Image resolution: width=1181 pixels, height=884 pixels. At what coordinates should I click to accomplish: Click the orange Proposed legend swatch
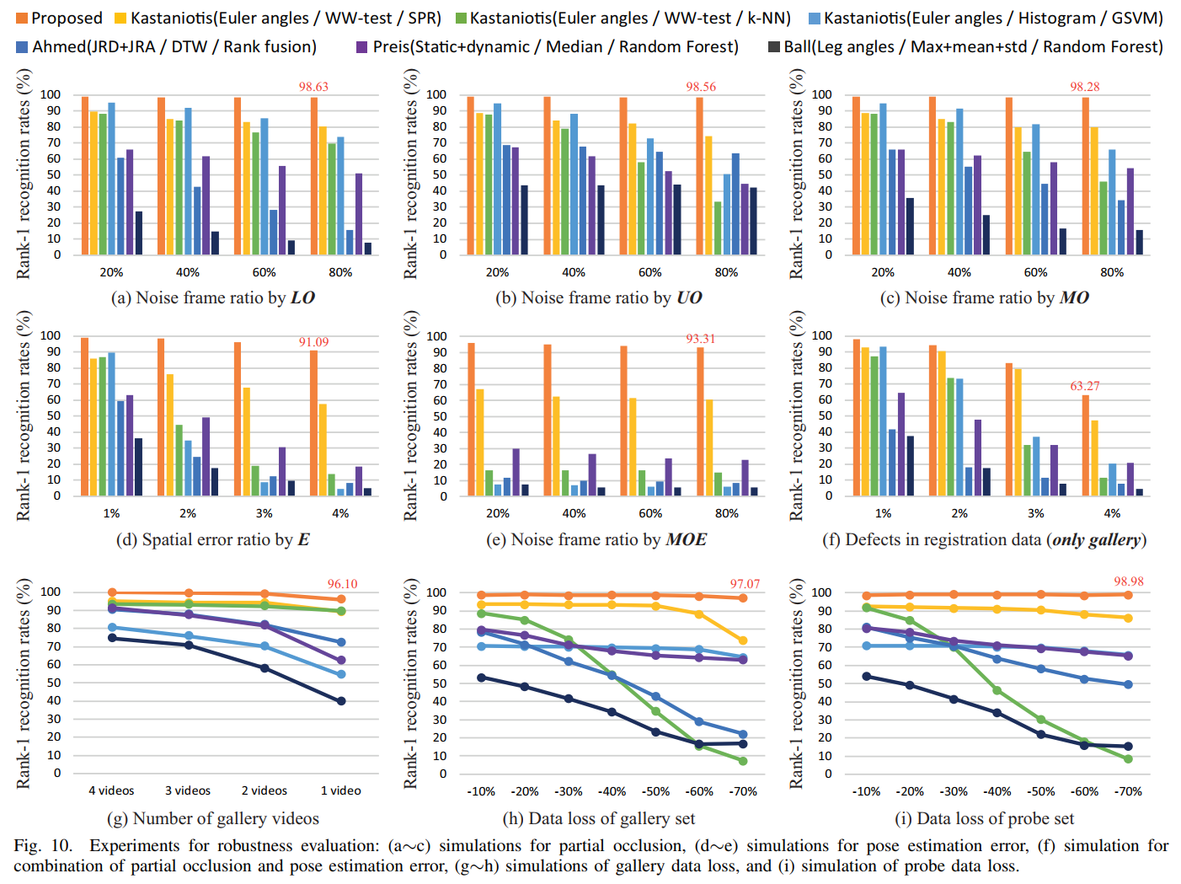pos(22,19)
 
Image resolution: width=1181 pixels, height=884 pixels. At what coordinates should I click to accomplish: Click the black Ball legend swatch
pos(773,46)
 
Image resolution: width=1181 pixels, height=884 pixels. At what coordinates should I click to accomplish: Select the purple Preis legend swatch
pos(362,46)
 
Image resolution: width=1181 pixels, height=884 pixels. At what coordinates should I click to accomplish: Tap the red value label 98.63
pos(313,87)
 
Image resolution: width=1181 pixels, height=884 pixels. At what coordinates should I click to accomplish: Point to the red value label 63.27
pos(1085,386)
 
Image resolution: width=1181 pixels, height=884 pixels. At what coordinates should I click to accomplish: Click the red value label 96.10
pos(342,584)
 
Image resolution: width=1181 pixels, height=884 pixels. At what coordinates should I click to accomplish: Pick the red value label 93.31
pos(700,339)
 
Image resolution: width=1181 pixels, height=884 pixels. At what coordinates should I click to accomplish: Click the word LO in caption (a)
pos(302,297)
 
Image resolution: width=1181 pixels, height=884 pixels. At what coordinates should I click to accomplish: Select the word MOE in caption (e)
pos(686,539)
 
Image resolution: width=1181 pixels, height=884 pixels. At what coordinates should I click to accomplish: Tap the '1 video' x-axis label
pos(340,790)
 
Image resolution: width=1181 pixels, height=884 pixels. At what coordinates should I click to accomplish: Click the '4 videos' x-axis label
pos(111,790)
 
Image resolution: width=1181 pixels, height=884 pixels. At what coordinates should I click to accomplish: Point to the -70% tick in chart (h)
pos(743,791)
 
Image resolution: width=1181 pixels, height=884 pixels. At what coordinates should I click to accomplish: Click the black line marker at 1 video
pos(341,701)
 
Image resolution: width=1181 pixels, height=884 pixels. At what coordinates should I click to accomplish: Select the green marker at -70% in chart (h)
pos(743,761)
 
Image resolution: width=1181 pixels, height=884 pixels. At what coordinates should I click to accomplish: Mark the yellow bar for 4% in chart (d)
pos(322,450)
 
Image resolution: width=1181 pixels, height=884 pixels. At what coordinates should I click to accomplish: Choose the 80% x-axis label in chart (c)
pos(1112,272)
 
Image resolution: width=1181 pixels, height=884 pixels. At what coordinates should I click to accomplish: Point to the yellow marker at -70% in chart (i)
pos(1128,618)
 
